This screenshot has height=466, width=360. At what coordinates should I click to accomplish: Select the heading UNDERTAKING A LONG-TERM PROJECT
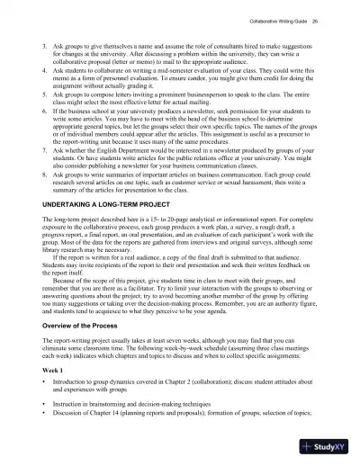[104, 205]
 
